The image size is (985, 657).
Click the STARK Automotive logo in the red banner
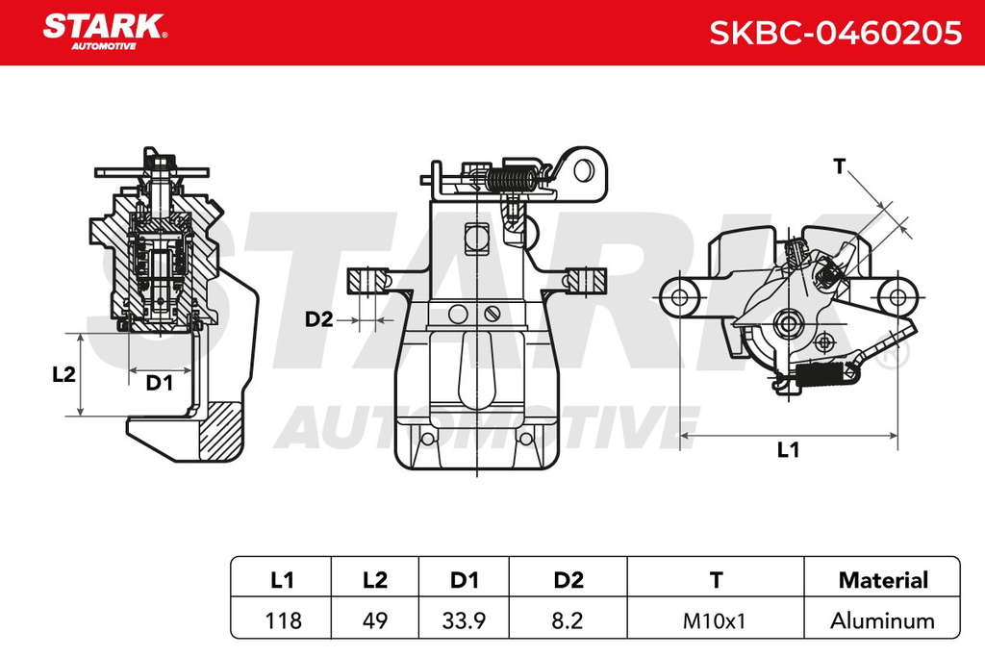(x=105, y=32)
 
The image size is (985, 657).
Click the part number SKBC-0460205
(x=835, y=33)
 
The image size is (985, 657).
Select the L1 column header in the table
(x=282, y=580)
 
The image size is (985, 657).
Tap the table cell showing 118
(x=283, y=620)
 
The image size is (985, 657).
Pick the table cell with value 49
(x=375, y=620)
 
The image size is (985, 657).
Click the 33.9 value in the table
(x=464, y=620)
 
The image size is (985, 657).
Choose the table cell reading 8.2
(x=568, y=620)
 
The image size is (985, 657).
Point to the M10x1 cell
(x=715, y=621)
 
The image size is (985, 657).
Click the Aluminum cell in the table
(x=883, y=620)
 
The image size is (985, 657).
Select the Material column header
(x=883, y=580)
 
